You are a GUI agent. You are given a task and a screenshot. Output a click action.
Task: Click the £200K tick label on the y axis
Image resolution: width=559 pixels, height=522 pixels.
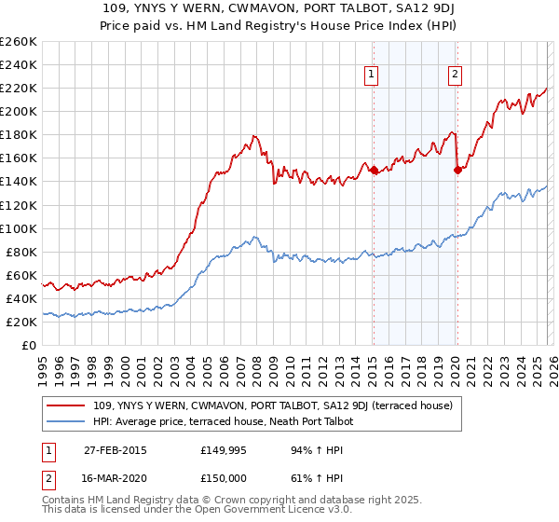click(x=19, y=111)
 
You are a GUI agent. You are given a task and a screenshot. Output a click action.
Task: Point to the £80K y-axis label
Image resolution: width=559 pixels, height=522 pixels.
click(x=21, y=252)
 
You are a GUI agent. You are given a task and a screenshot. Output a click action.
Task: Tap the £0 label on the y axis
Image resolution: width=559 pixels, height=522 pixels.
click(x=30, y=345)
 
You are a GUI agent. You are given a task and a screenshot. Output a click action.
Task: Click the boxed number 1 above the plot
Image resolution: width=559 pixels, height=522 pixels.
click(x=372, y=76)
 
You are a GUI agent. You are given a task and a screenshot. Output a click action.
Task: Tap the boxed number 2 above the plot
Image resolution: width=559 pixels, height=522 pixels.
click(x=455, y=76)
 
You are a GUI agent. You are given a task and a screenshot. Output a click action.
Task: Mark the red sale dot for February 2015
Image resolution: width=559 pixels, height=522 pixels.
click(x=374, y=170)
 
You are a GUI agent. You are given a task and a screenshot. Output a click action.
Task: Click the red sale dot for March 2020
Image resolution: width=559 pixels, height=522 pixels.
click(x=457, y=170)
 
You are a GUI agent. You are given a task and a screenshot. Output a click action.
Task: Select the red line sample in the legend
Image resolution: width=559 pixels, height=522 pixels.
click(x=67, y=405)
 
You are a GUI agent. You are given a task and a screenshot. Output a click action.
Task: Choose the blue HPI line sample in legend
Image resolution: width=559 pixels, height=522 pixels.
click(x=67, y=421)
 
